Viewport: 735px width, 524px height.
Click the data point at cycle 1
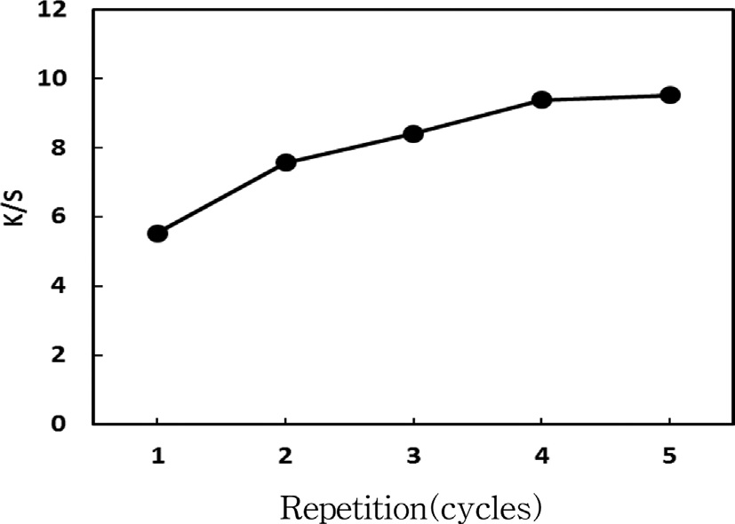click(x=157, y=234)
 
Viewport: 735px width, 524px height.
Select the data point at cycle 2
click(x=285, y=163)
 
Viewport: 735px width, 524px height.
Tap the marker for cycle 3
click(x=412, y=134)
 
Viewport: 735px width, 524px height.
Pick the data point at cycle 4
click(x=541, y=99)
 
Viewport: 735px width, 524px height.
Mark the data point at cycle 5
click(x=670, y=95)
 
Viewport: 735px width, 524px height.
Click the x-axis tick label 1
click(x=157, y=457)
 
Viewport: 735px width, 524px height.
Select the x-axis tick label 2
click(x=285, y=457)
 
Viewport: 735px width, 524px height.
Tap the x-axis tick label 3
click(x=413, y=457)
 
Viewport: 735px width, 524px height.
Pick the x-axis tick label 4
click(x=541, y=457)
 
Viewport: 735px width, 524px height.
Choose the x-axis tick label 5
click(x=670, y=457)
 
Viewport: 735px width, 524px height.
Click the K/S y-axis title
click(x=15, y=216)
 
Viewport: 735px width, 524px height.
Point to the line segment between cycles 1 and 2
click(x=221, y=198)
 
